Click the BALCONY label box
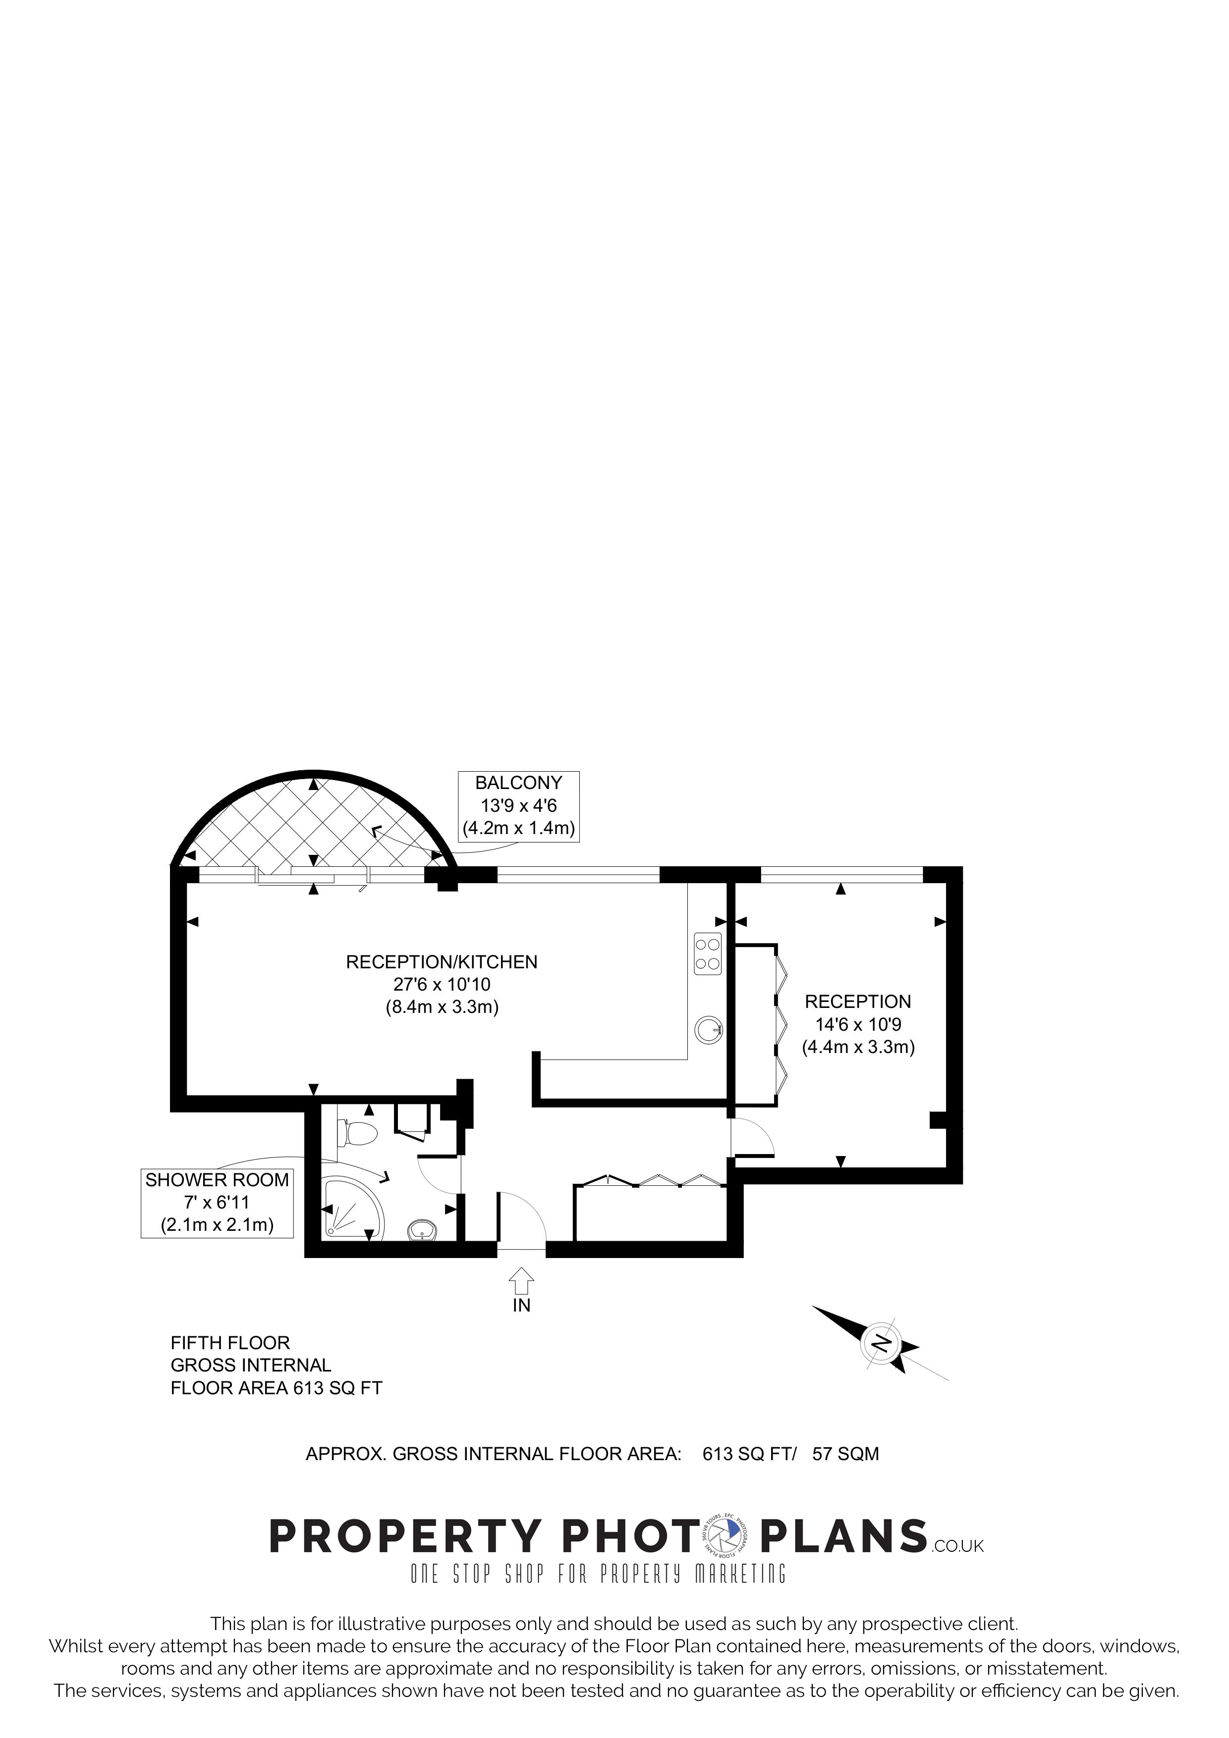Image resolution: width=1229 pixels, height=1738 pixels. click(519, 805)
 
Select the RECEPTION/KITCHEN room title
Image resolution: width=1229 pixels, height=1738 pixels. click(442, 962)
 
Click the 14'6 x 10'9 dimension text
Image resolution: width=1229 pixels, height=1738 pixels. click(858, 1025)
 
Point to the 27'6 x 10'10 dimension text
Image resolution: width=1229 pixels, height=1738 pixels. click(442, 985)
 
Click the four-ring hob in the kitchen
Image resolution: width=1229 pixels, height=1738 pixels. click(708, 954)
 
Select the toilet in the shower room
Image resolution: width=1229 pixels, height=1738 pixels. click(357, 1134)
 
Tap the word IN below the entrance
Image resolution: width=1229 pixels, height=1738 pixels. click(522, 1305)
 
